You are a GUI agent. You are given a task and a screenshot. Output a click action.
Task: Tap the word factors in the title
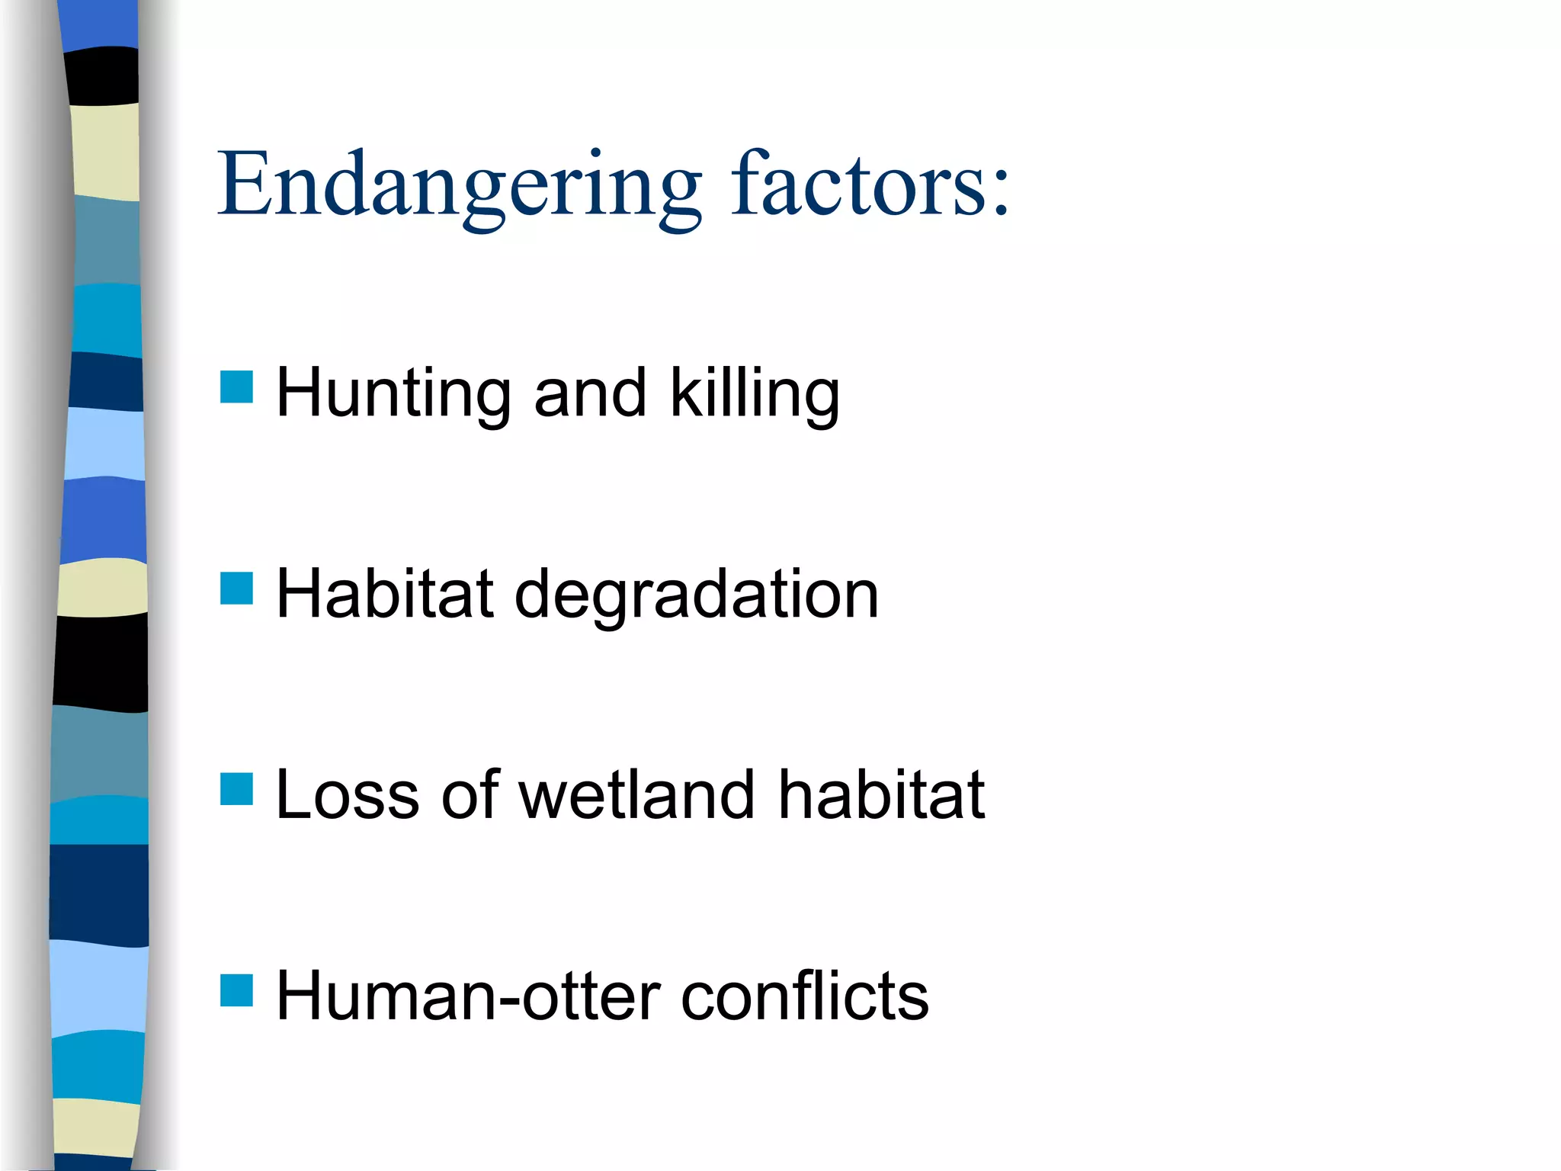coord(853,185)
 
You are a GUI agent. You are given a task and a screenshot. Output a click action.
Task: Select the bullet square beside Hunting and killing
coord(236,387)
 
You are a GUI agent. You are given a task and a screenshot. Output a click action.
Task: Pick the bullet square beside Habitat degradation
coord(236,588)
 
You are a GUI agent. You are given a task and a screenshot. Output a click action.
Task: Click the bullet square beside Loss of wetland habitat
coord(236,789)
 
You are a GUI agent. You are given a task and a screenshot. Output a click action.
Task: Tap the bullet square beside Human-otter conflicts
coord(236,990)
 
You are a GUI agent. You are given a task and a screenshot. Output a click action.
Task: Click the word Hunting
coord(393,394)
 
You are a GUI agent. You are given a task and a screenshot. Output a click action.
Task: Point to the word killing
coord(755,394)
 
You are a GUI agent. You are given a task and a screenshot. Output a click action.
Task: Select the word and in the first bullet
coord(591,394)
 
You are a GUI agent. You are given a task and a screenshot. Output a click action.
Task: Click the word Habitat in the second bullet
coord(385,595)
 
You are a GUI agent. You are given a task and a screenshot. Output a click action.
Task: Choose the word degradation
coord(697,596)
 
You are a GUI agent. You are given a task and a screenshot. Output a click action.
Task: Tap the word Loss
coord(348,797)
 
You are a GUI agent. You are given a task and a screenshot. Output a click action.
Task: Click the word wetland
coord(637,795)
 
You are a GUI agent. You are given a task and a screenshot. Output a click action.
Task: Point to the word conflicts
coord(804,996)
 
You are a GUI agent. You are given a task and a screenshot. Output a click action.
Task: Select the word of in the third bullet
coord(470,795)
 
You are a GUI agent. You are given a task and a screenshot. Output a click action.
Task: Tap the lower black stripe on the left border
coord(101,662)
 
